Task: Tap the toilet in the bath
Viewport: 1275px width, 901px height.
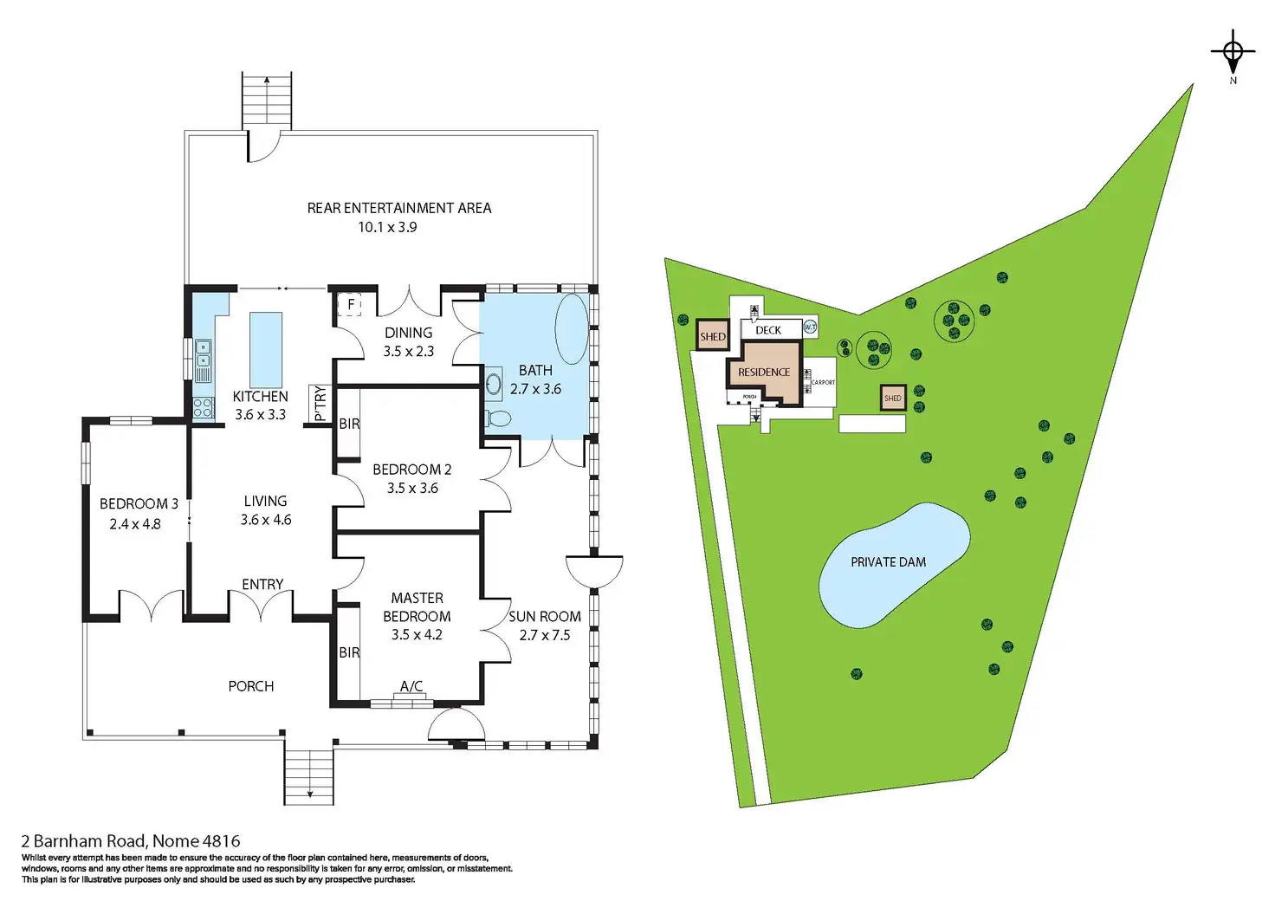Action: pos(499,419)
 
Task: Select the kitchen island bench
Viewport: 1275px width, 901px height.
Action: pos(266,349)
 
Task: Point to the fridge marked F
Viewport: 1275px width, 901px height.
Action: pos(351,305)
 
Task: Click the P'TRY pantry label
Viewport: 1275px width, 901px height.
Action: pos(320,404)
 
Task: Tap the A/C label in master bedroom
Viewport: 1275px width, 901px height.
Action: pos(411,686)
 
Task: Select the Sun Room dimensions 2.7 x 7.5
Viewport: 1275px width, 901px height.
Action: pos(544,635)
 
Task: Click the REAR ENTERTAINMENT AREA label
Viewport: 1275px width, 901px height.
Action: pos(399,208)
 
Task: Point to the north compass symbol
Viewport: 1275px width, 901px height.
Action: pos(1233,54)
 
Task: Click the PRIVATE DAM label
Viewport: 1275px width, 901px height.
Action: pos(888,562)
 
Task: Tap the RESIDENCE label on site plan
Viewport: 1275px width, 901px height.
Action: pos(764,373)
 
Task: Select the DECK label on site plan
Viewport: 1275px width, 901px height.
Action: pos(768,330)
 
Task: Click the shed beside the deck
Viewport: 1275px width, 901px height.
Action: pos(713,336)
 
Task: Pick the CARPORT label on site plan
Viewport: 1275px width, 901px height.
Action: pos(823,382)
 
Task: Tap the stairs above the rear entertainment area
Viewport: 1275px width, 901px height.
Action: pos(266,102)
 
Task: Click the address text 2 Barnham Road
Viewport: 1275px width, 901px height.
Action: pos(131,840)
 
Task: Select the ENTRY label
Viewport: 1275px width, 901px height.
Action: pos(262,584)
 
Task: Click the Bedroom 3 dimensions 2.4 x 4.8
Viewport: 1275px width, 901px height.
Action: pos(135,524)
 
